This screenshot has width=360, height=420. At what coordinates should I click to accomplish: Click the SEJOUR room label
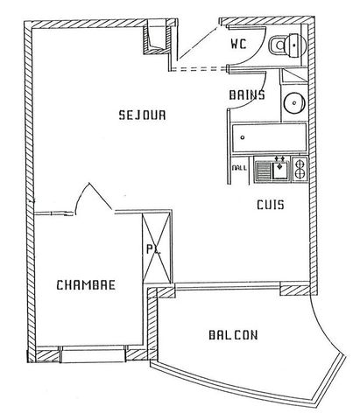142,115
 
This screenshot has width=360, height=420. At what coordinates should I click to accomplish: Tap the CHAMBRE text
85,285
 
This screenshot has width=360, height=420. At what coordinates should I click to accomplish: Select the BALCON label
232,334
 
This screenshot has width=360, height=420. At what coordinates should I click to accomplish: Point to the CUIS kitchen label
269,206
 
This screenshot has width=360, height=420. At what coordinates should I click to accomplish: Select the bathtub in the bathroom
269,138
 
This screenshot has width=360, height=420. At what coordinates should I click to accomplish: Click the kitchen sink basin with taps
282,168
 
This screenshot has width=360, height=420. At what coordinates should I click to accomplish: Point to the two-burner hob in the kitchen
300,167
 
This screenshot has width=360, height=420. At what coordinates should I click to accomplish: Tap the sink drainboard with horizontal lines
264,168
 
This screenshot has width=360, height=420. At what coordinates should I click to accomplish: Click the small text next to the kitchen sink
239,168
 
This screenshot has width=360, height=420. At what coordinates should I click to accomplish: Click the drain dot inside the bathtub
242,138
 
